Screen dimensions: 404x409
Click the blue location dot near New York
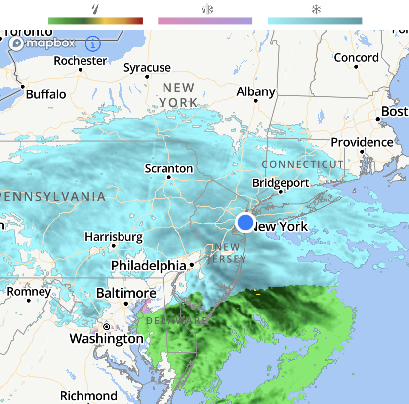click(245, 223)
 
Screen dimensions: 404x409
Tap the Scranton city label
click(169, 169)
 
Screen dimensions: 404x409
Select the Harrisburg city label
click(114, 237)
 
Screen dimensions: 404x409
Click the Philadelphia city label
click(148, 266)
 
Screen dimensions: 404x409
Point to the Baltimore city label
click(126, 294)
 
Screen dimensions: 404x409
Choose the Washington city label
click(106, 339)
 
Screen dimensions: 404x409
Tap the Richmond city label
click(89, 396)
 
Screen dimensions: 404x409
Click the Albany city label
click(256, 92)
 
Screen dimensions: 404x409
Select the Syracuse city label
click(147, 68)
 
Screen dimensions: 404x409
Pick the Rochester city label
click(81, 61)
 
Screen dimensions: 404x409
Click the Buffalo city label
click(46, 94)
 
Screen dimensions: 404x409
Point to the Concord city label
click(357, 58)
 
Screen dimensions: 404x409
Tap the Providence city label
click(362, 143)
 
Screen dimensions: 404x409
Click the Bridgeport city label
click(281, 183)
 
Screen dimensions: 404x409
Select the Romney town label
click(29, 292)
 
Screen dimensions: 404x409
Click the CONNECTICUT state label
click(303, 164)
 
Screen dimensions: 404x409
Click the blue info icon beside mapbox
click(93, 44)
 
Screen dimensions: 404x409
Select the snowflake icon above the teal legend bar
click(315, 9)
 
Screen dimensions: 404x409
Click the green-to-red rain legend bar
click(95, 21)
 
